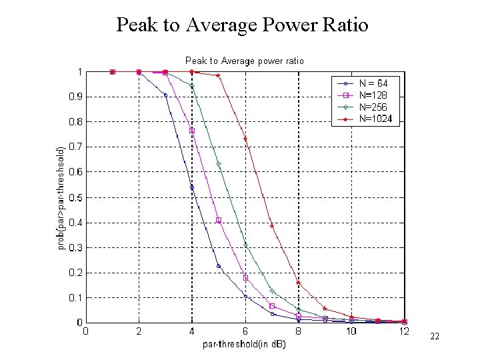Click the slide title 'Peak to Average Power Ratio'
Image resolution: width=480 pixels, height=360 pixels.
(x=242, y=25)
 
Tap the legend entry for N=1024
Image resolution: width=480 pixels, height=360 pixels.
(x=375, y=119)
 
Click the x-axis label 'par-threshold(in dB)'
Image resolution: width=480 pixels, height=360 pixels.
(x=244, y=345)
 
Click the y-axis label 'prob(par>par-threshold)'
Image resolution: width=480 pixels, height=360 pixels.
(x=61, y=198)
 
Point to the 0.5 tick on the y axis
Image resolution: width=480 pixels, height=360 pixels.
(x=76, y=197)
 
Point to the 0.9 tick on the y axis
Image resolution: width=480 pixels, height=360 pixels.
(x=76, y=97)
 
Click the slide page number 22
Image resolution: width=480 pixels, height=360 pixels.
(x=435, y=337)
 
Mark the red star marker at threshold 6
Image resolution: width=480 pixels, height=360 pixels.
(x=245, y=139)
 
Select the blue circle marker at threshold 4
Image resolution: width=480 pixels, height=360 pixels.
(x=192, y=187)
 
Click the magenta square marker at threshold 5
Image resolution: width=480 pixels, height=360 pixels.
(x=219, y=220)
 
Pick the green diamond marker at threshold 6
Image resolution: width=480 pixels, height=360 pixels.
(x=245, y=245)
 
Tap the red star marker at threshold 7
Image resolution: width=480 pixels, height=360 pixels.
(x=272, y=225)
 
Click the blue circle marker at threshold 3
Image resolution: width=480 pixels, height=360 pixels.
(x=165, y=95)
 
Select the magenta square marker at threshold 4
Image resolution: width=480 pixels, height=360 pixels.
(x=192, y=131)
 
